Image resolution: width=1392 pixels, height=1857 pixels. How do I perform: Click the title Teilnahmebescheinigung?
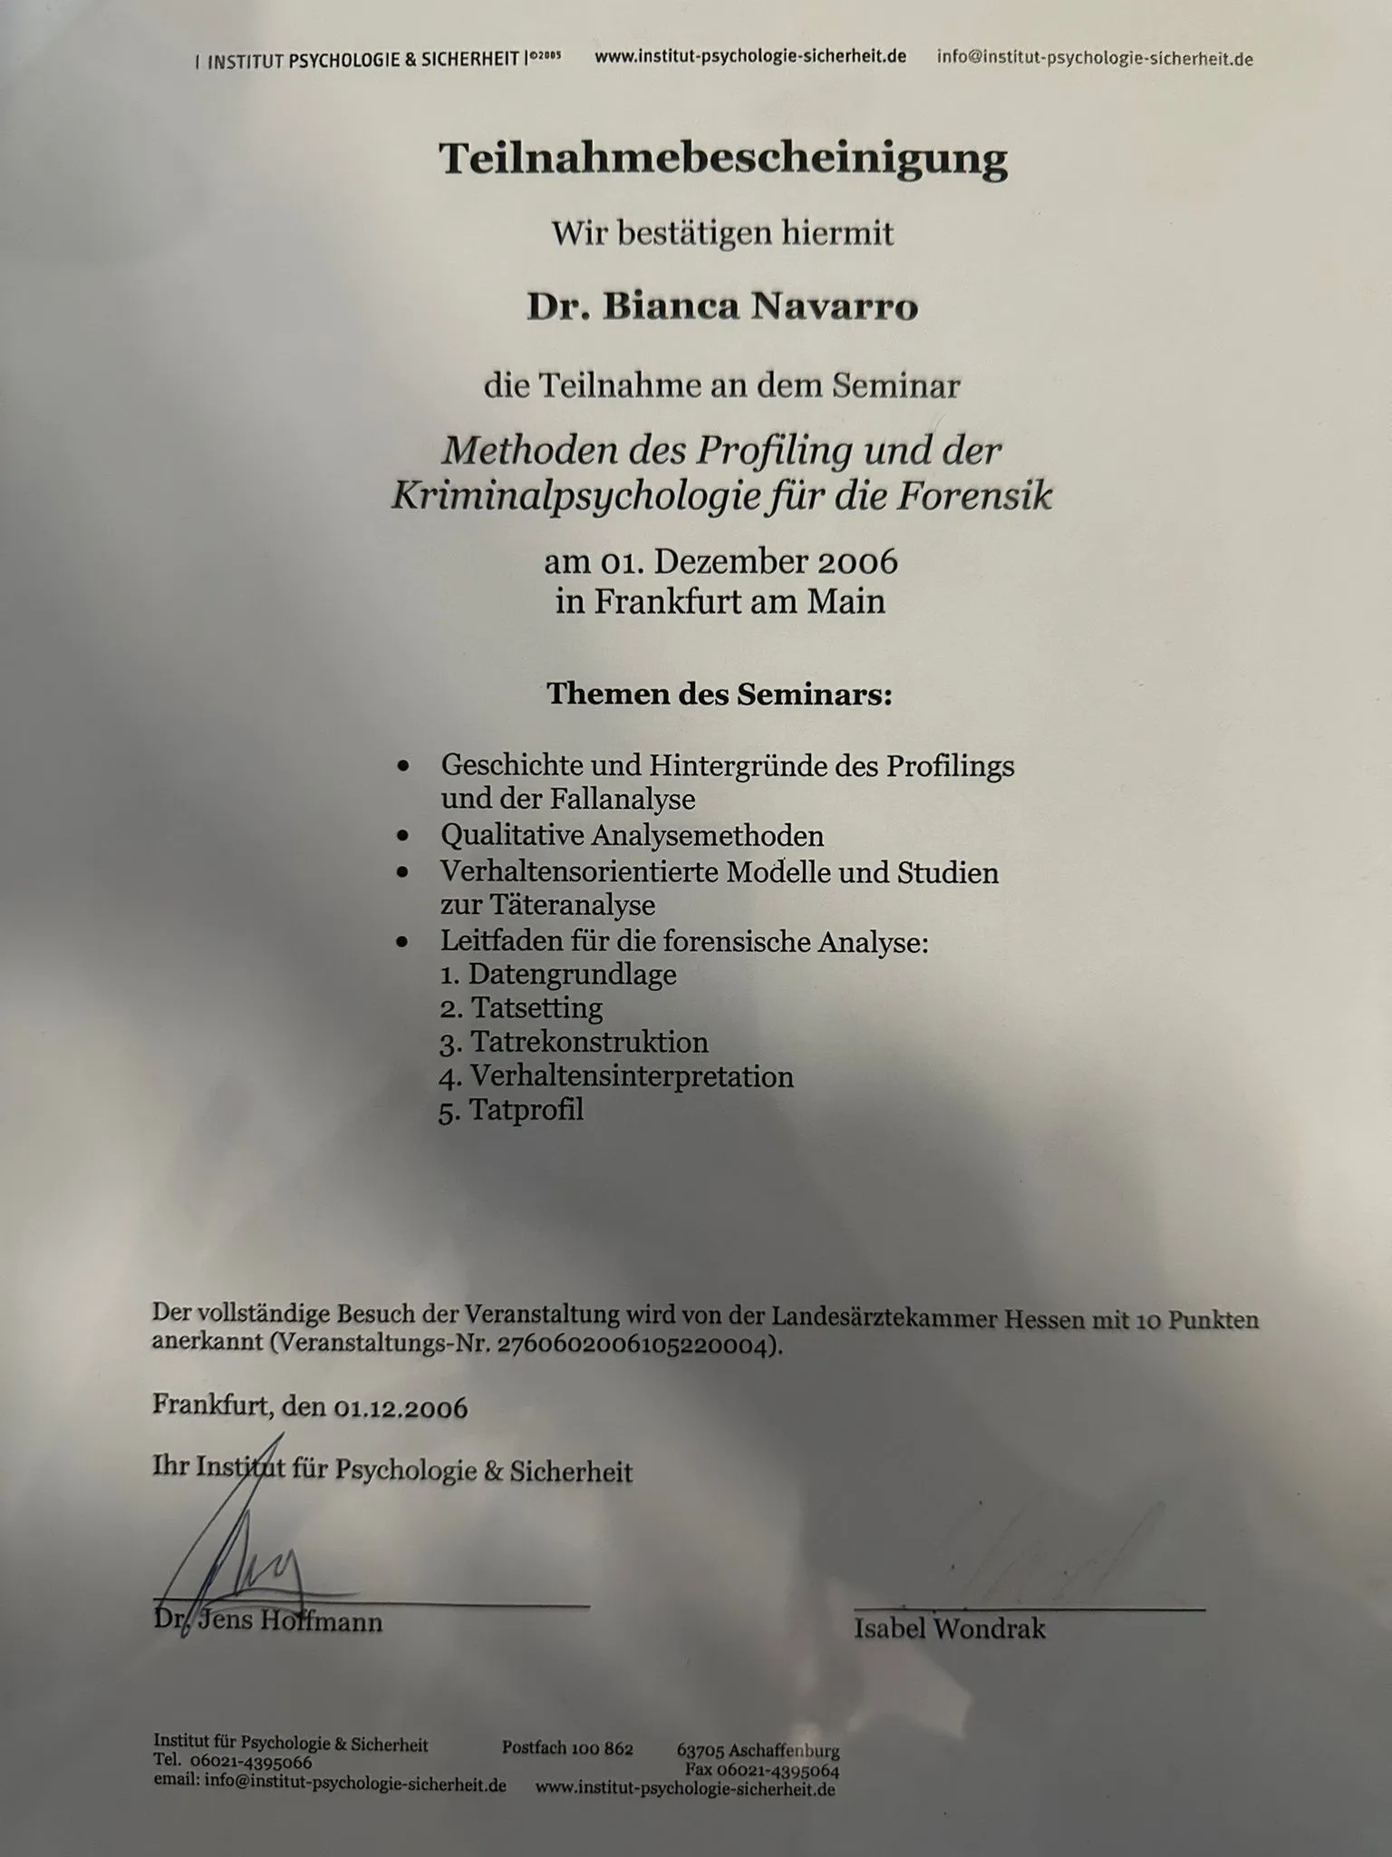click(x=722, y=159)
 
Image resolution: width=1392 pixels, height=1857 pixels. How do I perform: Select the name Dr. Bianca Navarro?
click(x=722, y=307)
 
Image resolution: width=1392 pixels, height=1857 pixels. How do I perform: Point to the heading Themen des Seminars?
click(x=720, y=695)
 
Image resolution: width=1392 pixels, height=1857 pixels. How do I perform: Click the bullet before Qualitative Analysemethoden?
click(x=403, y=836)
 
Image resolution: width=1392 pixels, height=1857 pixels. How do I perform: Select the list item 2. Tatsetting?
click(x=521, y=1008)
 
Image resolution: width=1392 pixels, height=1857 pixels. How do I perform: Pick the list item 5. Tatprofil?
click(x=511, y=1111)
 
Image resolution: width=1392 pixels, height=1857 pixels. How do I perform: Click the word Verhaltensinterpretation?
click(x=632, y=1077)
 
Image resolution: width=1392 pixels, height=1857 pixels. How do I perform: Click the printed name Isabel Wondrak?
click(x=949, y=1629)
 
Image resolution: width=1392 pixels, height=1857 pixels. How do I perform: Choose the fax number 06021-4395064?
click(x=778, y=1770)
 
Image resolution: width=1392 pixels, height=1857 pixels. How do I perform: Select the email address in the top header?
click(x=1095, y=59)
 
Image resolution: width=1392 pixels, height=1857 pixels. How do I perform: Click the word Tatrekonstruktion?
click(x=588, y=1043)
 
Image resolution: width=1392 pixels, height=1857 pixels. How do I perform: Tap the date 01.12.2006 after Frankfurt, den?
click(x=401, y=1408)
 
